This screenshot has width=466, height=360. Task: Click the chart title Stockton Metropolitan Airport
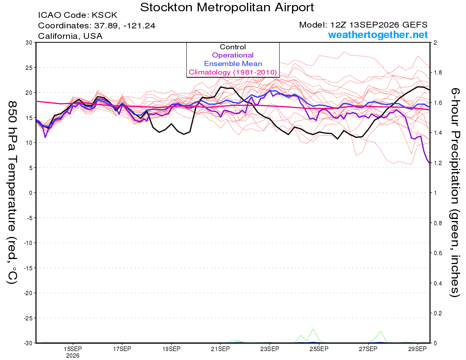point(227,7)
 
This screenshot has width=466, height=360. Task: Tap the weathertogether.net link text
point(378,35)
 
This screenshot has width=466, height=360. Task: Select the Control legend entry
point(233,47)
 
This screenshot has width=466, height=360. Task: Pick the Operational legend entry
point(233,55)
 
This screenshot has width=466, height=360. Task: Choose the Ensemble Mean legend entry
point(233,64)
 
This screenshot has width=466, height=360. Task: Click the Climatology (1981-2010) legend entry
point(233,72)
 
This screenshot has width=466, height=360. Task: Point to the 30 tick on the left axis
point(29,43)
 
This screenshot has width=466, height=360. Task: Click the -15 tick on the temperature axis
point(28,268)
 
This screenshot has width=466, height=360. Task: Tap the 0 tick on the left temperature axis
point(31,193)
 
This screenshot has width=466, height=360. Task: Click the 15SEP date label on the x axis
point(73,349)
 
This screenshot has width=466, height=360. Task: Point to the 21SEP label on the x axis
point(221,349)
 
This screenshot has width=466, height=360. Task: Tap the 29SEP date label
point(417,349)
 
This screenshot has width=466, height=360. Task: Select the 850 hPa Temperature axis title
point(12,192)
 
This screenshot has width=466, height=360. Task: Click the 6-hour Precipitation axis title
point(455,192)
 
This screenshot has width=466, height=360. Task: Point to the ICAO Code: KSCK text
point(78,15)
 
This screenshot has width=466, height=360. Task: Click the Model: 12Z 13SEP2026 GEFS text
point(363,25)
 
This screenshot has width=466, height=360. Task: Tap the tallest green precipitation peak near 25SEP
point(313,329)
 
